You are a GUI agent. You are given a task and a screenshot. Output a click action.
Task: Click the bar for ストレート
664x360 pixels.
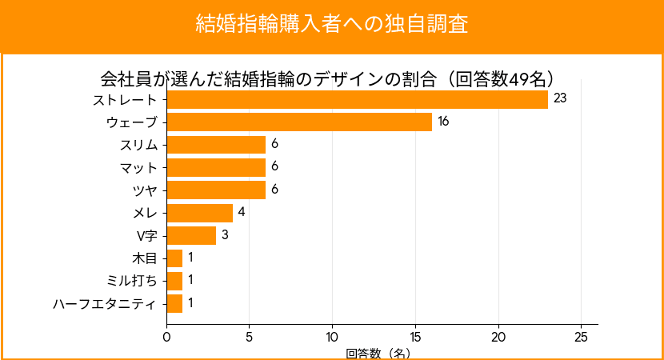click(357, 99)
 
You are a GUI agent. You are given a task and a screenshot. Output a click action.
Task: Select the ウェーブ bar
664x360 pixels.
click(299, 122)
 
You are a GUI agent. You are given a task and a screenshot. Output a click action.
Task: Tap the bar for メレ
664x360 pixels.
click(199, 213)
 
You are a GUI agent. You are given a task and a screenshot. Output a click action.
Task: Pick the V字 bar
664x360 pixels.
click(191, 235)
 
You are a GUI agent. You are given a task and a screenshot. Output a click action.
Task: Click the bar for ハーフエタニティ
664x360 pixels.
click(174, 304)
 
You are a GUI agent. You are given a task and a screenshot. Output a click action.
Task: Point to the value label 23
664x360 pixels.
click(560, 99)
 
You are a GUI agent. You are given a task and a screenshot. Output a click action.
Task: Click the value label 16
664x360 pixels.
click(443, 122)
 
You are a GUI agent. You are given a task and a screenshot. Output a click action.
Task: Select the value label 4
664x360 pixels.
click(241, 213)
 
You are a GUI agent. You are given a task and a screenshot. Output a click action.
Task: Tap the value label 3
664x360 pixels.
click(225, 235)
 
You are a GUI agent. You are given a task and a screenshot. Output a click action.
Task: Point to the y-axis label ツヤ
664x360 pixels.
click(145, 190)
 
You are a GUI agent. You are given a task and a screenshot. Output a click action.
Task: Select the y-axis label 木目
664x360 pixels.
click(145, 258)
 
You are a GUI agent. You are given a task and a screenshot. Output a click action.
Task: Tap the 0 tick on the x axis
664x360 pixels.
click(166, 337)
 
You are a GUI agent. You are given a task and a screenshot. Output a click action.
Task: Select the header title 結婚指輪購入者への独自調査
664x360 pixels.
click(332, 23)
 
